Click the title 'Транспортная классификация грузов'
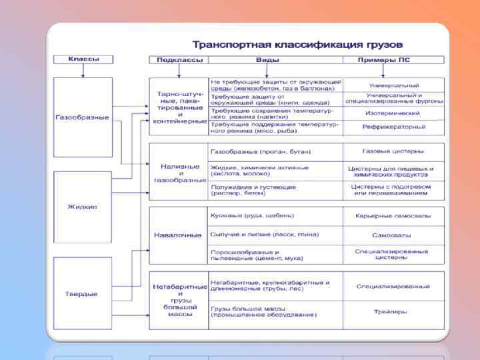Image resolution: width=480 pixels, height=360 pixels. [x=297, y=45]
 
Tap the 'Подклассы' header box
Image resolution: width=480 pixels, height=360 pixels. [x=177, y=60]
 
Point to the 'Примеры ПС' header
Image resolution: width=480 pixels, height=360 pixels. [x=393, y=60]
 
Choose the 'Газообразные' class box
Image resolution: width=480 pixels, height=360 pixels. [x=83, y=117]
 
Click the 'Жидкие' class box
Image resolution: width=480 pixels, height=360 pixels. [x=83, y=206]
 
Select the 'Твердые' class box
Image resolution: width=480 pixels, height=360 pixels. [x=83, y=293]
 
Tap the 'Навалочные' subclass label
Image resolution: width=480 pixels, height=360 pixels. [x=177, y=235]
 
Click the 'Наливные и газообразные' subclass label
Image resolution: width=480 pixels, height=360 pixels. [x=177, y=173]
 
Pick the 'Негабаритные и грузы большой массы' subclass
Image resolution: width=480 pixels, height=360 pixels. [x=177, y=299]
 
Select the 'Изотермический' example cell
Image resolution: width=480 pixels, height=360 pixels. [x=393, y=113]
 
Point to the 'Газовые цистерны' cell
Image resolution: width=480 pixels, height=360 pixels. [x=393, y=151]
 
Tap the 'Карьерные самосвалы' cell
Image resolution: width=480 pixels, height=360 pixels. [x=393, y=216]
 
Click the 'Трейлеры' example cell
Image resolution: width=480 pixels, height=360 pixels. [x=393, y=311]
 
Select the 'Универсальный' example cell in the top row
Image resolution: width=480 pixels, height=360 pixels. [x=393, y=85]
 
